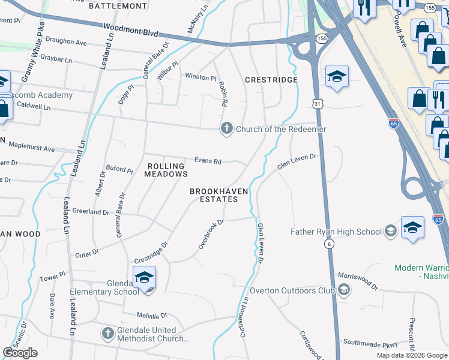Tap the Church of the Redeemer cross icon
click(227, 129)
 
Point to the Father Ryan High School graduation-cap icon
click(390, 232)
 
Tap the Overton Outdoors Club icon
click(343, 291)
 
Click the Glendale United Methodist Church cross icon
click(107, 334)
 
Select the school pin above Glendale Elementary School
click(144, 278)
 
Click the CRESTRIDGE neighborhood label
click(271, 80)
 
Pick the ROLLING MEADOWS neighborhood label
click(166, 170)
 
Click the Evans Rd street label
click(208, 161)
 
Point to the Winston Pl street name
click(200, 77)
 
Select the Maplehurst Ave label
click(31, 149)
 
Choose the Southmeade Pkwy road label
click(370, 344)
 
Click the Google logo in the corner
click(20, 353)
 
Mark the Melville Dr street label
click(152, 316)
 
